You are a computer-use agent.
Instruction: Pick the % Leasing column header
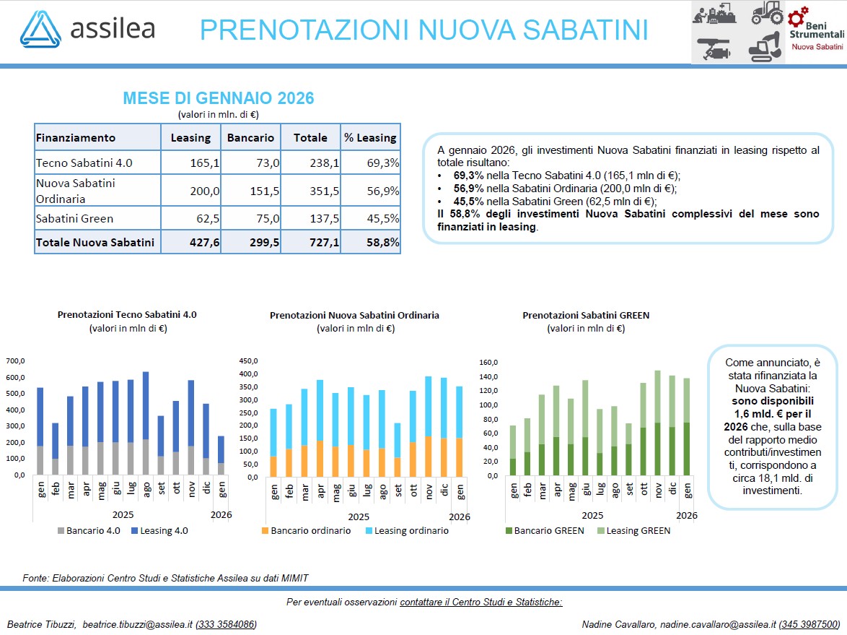pos(370,137)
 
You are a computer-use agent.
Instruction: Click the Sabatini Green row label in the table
pos(74,218)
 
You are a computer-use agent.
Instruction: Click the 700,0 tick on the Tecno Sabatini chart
pos(16,360)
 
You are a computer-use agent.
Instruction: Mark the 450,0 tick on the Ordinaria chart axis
pos(247,360)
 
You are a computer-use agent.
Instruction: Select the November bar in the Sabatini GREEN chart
pos(657,423)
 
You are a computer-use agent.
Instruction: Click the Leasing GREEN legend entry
pos(632,530)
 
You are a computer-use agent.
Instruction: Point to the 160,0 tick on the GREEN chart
pos(488,362)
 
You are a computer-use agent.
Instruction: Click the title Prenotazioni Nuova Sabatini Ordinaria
pos(354,315)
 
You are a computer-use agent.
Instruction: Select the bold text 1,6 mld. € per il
pos(772,412)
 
